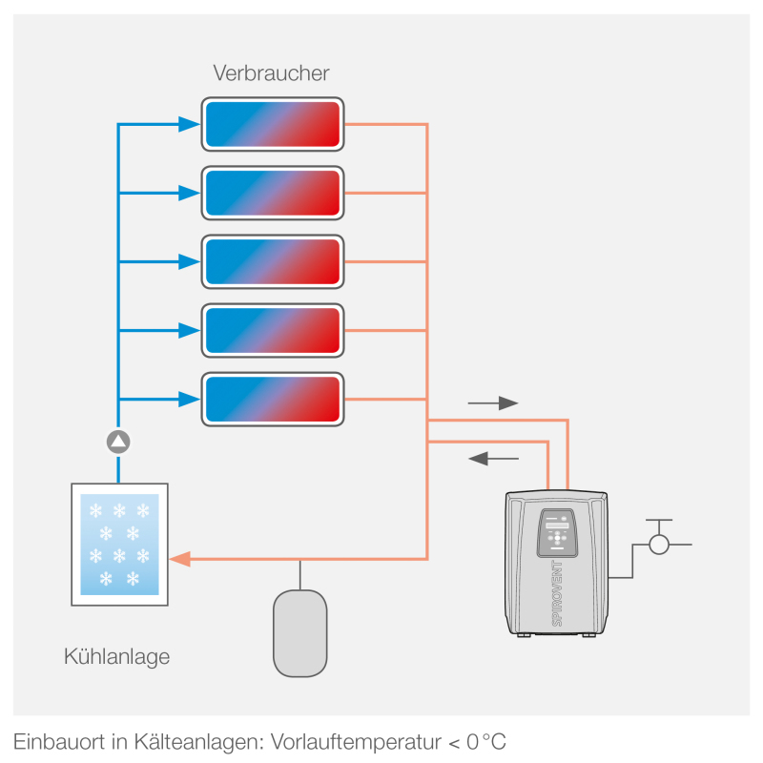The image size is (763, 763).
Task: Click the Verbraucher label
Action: tap(271, 73)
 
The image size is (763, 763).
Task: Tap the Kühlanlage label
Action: tap(116, 657)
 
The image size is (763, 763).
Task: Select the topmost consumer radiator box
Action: tap(273, 124)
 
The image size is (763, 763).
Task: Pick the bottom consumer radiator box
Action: tap(273, 400)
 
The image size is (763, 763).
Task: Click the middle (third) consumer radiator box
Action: tap(273, 261)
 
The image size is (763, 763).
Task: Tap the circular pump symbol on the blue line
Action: tap(118, 442)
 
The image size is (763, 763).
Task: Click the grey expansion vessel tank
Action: tap(300, 633)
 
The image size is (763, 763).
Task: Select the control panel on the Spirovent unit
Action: tap(557, 533)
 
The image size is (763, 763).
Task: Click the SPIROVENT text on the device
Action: tap(557, 593)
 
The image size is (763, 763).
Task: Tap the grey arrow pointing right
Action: tap(493, 403)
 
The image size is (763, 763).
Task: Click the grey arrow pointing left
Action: tap(493, 459)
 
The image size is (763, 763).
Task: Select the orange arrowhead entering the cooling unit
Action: tap(180, 559)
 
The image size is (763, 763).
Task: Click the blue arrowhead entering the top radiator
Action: tap(189, 124)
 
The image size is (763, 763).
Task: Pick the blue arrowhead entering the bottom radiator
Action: tap(189, 400)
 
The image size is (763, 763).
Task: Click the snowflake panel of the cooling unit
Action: tap(120, 545)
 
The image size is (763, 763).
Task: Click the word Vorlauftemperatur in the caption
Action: tap(356, 742)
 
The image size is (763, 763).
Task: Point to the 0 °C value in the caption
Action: tap(486, 742)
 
